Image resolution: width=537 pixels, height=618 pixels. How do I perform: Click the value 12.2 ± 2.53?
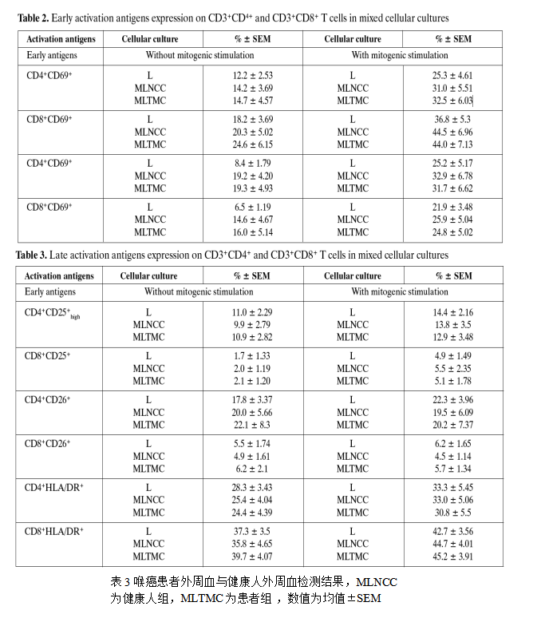[x=252, y=76]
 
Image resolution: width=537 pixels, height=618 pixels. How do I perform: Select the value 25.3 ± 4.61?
[x=452, y=76]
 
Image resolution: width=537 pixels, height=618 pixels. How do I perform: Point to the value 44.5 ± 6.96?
[x=452, y=132]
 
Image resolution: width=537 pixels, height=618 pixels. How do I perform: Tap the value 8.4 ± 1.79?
[x=252, y=164]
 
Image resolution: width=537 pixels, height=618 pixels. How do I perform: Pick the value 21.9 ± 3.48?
[x=452, y=208]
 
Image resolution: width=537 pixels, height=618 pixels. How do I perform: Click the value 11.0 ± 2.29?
[x=252, y=312]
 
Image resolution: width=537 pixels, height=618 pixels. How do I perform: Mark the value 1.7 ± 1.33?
[x=252, y=356]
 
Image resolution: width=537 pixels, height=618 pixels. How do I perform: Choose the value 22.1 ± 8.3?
[x=252, y=425]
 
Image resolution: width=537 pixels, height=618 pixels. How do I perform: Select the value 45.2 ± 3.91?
[x=452, y=557]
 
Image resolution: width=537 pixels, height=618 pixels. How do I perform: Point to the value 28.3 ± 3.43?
[x=252, y=488]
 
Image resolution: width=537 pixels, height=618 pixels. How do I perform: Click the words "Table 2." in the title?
[x=33, y=18]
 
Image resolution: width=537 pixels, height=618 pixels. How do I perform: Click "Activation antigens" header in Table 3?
[x=59, y=275]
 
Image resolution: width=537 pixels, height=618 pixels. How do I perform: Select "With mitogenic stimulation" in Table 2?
[x=400, y=56]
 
